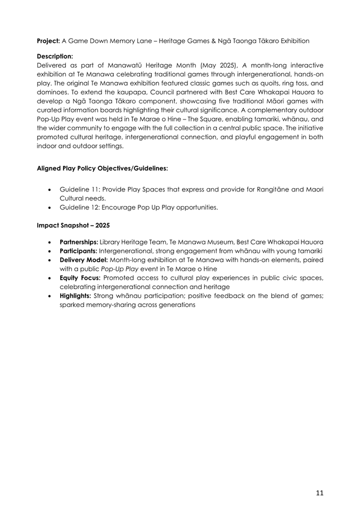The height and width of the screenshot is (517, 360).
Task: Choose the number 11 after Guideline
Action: click(x=93, y=189)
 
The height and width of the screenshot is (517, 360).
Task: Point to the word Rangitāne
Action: click(x=282, y=189)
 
